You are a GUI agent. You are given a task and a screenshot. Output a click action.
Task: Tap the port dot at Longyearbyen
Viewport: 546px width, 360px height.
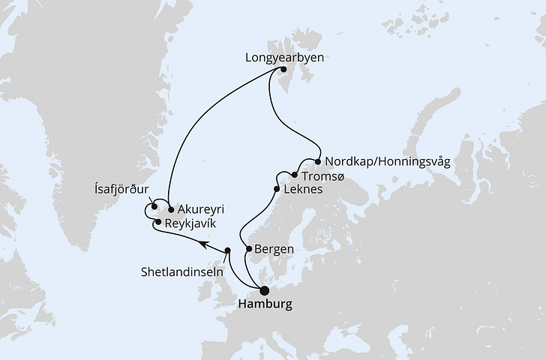coord(284,70)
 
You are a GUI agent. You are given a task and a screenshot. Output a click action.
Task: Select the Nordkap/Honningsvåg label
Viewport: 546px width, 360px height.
coord(387,161)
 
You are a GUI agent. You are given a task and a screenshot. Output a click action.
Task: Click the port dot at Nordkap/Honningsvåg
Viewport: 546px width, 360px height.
coord(319,161)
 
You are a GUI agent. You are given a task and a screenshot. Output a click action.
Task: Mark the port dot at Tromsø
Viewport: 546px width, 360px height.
coord(295,175)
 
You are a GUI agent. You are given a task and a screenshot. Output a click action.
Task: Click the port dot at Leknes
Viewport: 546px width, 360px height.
coord(279,190)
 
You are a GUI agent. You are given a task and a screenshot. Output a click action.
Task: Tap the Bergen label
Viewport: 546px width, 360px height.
coord(274,248)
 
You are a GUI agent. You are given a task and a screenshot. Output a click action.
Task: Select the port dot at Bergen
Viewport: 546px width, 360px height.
coord(249,248)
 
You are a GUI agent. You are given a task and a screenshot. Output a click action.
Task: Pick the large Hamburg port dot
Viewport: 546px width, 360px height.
coord(264,291)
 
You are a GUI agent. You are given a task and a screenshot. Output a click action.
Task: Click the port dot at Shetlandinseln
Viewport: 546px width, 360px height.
coord(228,250)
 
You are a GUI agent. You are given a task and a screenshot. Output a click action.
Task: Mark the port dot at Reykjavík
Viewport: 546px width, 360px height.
coord(158,222)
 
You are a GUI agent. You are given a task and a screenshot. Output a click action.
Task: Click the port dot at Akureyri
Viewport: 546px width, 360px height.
coord(171,209)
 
